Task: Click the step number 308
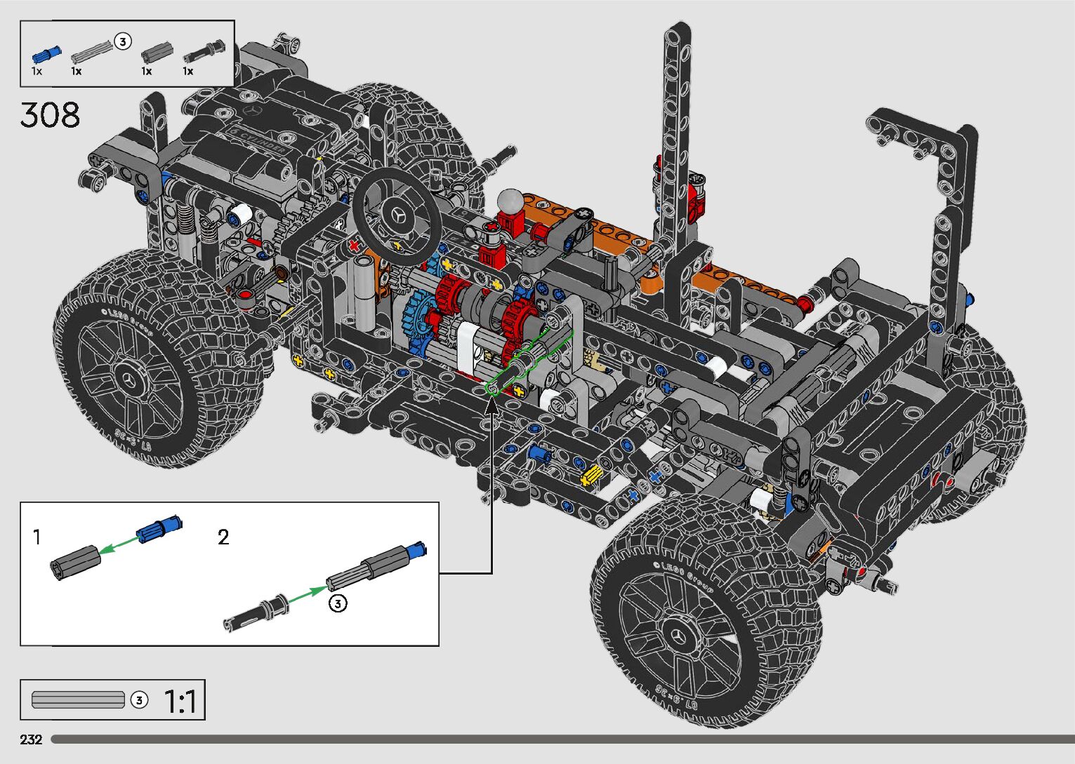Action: (x=50, y=115)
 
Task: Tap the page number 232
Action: (x=31, y=739)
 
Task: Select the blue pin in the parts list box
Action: (x=46, y=54)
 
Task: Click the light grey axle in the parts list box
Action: (x=92, y=51)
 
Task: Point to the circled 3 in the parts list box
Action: (x=122, y=42)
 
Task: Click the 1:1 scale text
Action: (x=180, y=701)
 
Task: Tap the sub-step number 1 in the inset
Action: (x=37, y=537)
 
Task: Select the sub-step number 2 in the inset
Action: (x=223, y=537)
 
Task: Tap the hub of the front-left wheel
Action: (x=131, y=381)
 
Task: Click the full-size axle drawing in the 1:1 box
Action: (x=78, y=699)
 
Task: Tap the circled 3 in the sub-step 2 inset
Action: (x=338, y=603)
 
